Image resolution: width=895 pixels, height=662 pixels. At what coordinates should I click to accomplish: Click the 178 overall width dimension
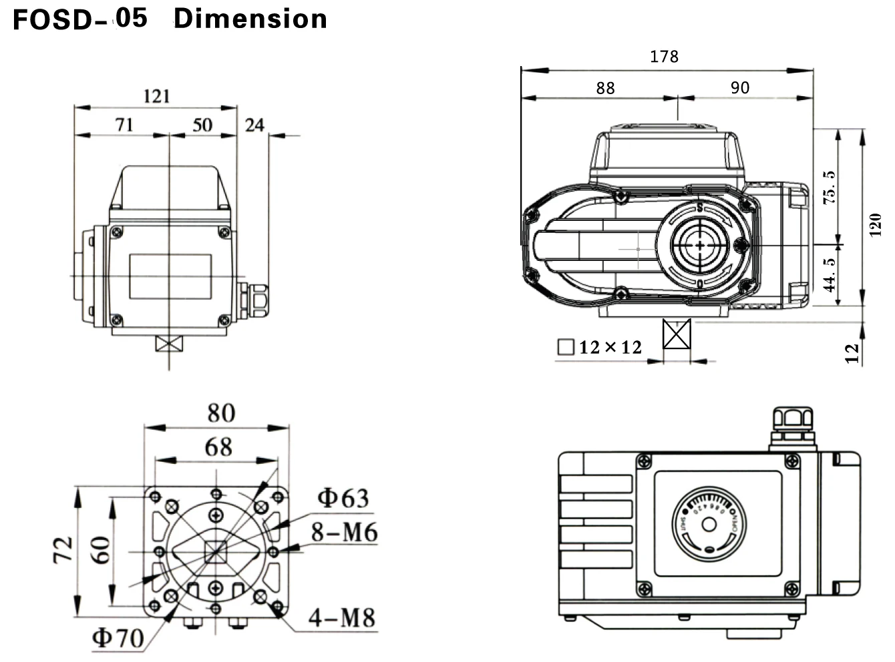tap(664, 57)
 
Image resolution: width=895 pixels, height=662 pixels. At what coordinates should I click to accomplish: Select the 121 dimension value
tap(156, 96)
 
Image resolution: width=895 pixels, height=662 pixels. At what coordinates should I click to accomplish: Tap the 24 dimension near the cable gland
tap(254, 125)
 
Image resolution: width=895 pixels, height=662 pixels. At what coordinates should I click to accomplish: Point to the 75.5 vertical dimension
tap(829, 188)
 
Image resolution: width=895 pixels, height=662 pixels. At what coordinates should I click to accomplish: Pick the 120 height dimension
tap(876, 224)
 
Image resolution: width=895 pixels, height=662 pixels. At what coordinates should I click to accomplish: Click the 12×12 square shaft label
tap(600, 347)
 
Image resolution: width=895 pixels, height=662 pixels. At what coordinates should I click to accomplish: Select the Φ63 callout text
tap(343, 498)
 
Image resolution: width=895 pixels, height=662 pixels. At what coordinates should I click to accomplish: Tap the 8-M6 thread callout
tap(344, 533)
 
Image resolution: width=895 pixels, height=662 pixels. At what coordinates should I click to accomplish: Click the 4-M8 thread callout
tap(341, 618)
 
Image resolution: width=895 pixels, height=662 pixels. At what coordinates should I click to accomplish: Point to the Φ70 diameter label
tap(118, 638)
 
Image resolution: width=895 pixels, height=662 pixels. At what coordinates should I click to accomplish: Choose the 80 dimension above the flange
tap(220, 413)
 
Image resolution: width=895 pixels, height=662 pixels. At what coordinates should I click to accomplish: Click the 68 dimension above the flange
tap(218, 447)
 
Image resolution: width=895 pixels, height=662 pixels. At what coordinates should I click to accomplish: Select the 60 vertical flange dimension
tap(100, 551)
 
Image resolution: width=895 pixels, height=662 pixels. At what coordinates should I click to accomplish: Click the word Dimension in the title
tap(250, 19)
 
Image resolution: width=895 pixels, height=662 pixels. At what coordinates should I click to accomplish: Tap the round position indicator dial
tap(709, 524)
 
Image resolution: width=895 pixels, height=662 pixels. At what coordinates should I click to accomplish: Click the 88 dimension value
tap(605, 88)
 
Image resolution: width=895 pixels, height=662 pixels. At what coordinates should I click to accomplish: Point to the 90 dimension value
tap(739, 88)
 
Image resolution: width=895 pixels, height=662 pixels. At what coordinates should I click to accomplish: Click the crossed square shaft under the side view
tap(677, 334)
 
